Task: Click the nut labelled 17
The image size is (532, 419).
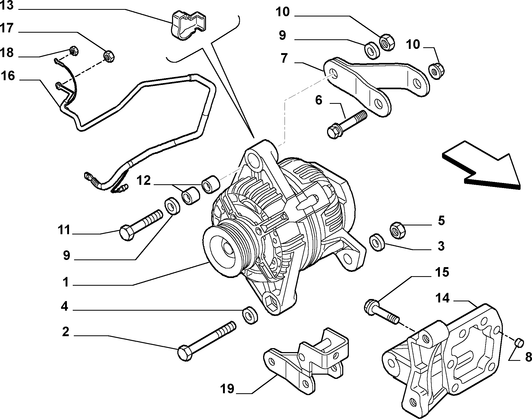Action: coord(109,56)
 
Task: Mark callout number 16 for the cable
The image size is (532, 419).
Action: coord(8,76)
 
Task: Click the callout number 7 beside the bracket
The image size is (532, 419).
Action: coord(284,58)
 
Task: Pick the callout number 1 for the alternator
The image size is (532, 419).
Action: coord(66,282)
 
